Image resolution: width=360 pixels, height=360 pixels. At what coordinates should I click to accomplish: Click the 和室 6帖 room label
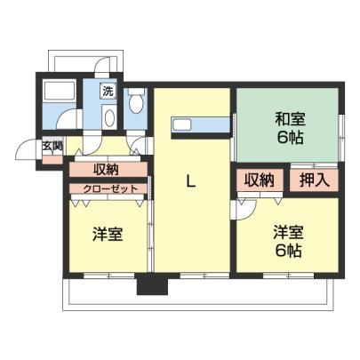click(x=290, y=128)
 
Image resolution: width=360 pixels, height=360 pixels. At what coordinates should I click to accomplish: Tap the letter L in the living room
click(x=190, y=180)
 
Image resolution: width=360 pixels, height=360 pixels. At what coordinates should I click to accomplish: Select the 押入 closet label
click(x=315, y=180)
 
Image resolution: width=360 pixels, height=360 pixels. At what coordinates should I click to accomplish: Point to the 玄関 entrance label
click(x=52, y=147)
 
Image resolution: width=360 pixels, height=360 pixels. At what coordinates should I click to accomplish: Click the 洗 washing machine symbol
click(x=108, y=92)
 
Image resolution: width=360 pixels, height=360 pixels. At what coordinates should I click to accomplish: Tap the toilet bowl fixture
click(x=136, y=100)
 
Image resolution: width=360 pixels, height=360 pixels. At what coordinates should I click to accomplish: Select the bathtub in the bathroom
click(x=59, y=90)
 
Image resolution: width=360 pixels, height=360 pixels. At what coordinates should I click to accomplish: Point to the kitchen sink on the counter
click(x=182, y=124)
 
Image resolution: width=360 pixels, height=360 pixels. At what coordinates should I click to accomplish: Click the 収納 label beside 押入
click(x=259, y=180)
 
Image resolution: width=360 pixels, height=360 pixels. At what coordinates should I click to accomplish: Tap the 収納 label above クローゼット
click(x=106, y=170)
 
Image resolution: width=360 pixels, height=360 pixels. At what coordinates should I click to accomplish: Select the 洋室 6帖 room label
click(x=288, y=241)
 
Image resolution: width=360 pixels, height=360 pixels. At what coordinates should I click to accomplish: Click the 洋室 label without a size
click(x=108, y=235)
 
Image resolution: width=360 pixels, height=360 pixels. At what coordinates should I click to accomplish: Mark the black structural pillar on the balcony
click(x=152, y=284)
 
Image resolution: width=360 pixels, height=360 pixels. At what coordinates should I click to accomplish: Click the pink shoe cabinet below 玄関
click(x=52, y=160)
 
